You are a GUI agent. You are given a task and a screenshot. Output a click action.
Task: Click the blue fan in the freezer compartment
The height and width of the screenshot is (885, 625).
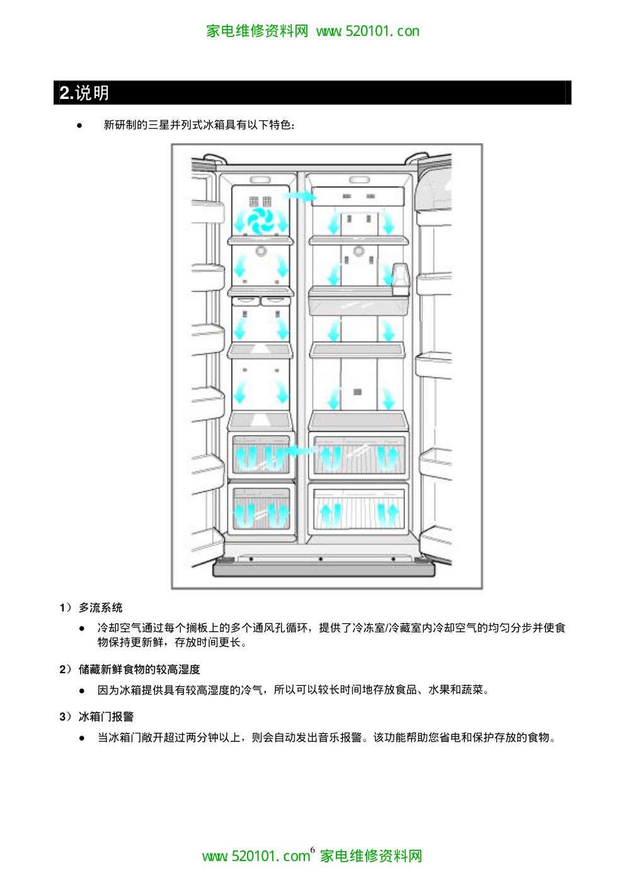(260, 221)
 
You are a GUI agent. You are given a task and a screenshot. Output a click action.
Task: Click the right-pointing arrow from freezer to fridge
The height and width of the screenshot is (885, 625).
(300, 197)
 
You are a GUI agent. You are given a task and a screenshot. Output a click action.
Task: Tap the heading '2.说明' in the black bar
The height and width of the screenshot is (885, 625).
(84, 93)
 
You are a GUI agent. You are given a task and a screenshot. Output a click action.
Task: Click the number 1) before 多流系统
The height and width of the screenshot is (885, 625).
(66, 608)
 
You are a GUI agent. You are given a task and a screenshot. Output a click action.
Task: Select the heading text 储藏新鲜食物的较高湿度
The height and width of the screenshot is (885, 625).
(139, 669)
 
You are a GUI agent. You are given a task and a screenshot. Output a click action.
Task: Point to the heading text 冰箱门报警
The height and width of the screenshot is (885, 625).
(106, 717)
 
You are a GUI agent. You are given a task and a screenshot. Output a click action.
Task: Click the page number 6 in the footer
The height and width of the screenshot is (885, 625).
(312, 850)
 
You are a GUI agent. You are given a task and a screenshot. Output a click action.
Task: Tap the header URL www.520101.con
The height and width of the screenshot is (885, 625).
(368, 31)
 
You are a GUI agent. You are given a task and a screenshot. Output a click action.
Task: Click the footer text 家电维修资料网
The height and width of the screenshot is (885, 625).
(371, 856)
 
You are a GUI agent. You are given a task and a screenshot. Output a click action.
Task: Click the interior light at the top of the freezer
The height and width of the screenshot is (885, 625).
(260, 180)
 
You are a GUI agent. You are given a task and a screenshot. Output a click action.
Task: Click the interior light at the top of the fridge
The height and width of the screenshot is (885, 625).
(359, 180)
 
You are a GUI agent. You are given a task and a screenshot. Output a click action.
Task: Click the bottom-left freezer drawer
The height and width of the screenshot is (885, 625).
(261, 508)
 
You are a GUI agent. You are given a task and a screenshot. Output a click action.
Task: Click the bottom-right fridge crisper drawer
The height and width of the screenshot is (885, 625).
(357, 508)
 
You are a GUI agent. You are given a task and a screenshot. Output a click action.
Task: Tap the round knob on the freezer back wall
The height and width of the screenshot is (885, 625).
(261, 251)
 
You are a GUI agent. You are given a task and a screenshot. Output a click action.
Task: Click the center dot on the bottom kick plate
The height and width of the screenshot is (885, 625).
(321, 559)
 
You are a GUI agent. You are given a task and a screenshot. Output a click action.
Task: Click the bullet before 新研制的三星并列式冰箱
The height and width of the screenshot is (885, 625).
(80, 125)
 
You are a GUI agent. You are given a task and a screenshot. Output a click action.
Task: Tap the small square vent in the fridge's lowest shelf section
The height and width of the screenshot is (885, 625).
(357, 392)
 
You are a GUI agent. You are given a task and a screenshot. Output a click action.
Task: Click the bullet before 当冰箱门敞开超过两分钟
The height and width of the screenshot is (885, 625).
(82, 738)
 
